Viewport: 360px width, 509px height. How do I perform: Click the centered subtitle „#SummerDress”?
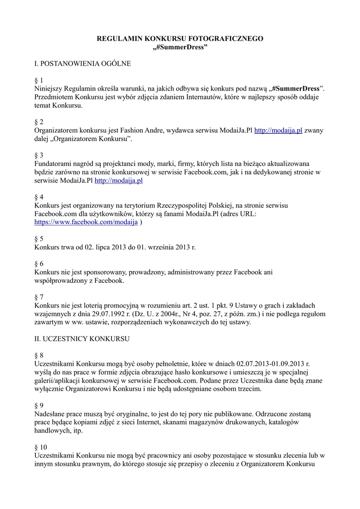coord(180,47)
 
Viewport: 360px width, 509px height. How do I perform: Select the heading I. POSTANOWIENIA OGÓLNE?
coord(82,64)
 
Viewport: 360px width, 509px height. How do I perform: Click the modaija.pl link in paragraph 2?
coord(278,130)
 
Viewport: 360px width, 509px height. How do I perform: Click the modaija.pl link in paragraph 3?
coord(118,180)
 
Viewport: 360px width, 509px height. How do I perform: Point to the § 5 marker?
coord(39,238)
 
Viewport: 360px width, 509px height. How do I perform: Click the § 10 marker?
coord(41,447)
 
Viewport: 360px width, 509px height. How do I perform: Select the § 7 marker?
coord(39,297)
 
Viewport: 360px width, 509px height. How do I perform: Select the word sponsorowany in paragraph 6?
coord(101,272)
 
